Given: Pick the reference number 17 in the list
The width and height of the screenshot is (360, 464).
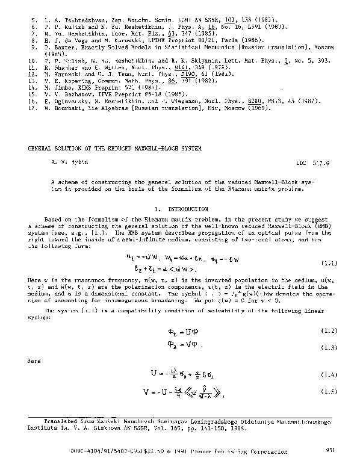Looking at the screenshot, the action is coord(34,108).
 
